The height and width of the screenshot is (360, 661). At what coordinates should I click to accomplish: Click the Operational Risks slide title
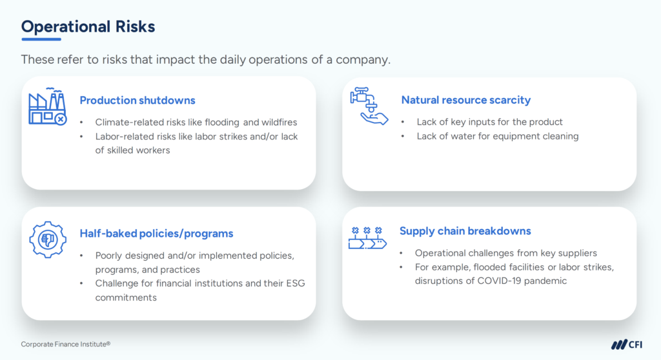(x=88, y=26)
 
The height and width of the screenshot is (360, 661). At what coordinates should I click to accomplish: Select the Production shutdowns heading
(x=137, y=100)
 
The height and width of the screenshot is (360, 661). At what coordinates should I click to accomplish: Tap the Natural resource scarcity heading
(x=465, y=100)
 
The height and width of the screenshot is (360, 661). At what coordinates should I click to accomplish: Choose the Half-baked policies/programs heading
(x=156, y=234)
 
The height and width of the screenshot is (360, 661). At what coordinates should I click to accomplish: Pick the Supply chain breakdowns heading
(x=465, y=231)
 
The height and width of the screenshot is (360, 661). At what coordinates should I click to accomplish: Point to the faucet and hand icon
(x=369, y=106)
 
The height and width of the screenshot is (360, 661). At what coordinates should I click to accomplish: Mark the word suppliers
(x=576, y=253)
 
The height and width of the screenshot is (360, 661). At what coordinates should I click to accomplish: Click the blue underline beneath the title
(x=41, y=39)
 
